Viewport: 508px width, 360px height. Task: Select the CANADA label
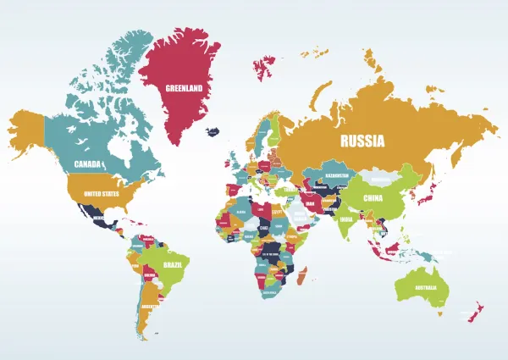point(89,163)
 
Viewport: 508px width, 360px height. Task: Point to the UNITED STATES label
point(101,193)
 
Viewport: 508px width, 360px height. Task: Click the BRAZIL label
point(174,264)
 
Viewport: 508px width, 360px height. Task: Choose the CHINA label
point(373,199)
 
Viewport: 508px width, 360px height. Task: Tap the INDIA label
point(346,219)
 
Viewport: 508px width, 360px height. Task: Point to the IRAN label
point(310,204)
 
